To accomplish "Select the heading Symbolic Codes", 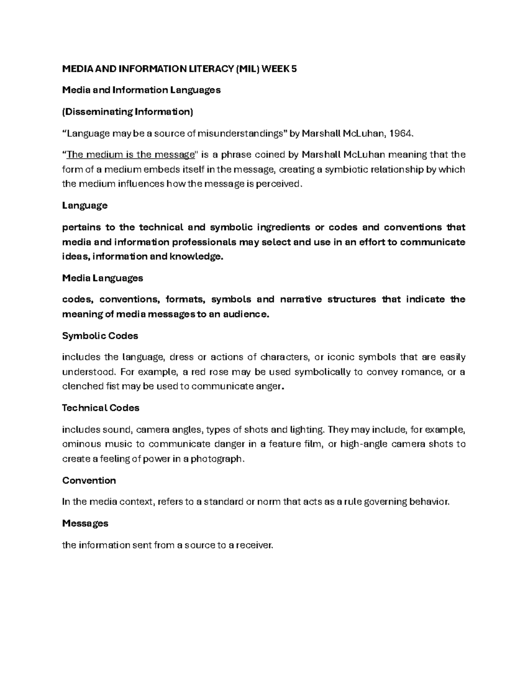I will pos(100,336).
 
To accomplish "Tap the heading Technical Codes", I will pos(101,408).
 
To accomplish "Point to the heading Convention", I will pos(89,480).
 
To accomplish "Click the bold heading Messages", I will pos(85,523).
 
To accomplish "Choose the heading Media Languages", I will pos(103,278).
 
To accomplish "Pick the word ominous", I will pos(81,444).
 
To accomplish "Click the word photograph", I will pos(219,459).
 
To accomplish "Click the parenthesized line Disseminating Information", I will pos(128,112).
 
